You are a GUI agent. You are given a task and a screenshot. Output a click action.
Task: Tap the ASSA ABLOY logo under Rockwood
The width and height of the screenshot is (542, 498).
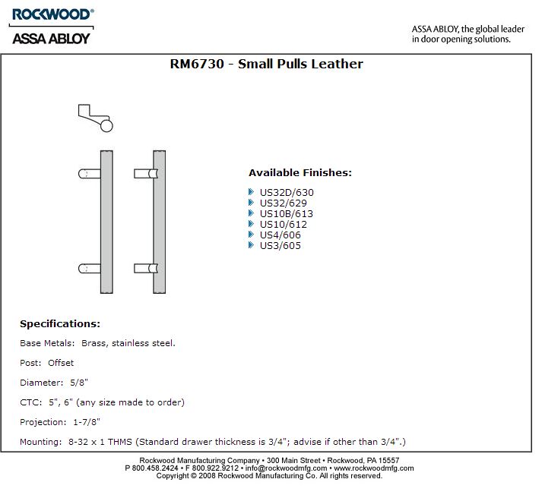click(x=50, y=36)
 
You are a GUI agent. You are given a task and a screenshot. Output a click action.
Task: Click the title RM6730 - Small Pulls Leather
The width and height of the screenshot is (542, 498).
click(x=267, y=65)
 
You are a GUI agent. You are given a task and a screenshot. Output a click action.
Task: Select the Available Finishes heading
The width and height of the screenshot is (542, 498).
click(x=300, y=172)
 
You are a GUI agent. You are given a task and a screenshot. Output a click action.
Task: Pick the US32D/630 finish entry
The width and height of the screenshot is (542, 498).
click(x=287, y=193)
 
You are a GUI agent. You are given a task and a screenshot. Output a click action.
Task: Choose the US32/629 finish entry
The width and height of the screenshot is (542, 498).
click(x=284, y=203)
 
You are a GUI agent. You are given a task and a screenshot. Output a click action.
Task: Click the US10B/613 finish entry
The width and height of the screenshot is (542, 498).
click(x=287, y=214)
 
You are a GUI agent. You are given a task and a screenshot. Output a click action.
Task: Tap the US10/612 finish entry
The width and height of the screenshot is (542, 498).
click(x=284, y=225)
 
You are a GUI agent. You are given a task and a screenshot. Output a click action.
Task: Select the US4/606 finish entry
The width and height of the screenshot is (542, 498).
click(x=281, y=235)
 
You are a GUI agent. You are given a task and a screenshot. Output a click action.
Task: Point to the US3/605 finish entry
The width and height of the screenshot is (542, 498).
click(x=281, y=246)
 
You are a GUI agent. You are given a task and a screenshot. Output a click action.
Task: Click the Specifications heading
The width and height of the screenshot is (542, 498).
click(x=60, y=324)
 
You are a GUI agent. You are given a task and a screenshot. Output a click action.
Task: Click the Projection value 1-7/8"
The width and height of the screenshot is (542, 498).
click(x=87, y=422)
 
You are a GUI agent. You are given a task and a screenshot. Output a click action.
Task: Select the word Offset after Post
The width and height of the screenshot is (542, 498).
click(x=61, y=363)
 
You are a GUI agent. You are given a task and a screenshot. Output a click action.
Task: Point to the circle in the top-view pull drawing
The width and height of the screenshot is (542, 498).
click(x=106, y=125)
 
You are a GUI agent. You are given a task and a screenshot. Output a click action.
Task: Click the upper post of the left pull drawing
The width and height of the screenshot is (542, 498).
click(x=89, y=174)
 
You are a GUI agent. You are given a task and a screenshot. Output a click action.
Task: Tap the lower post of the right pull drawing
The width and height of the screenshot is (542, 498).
click(x=145, y=268)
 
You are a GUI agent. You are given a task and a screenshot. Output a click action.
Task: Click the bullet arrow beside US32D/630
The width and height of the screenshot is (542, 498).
click(x=252, y=192)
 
